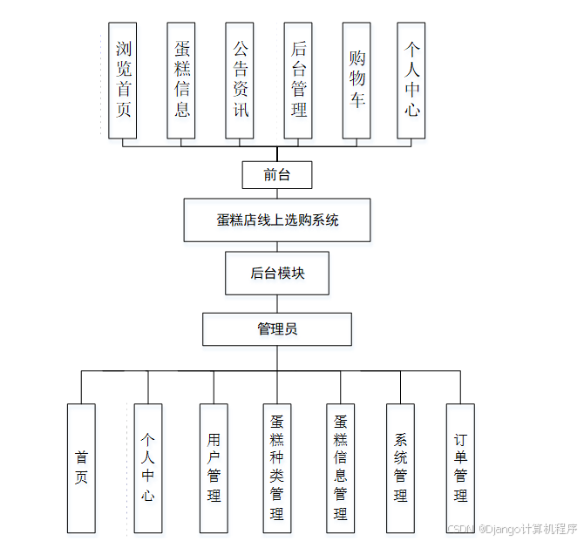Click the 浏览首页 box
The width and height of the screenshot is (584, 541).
[x=124, y=79]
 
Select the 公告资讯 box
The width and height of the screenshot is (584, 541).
[x=240, y=79]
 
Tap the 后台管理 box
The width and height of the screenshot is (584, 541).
[x=298, y=79]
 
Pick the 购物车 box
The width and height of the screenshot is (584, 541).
[x=357, y=79]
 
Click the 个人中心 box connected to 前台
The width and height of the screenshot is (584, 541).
[x=411, y=79]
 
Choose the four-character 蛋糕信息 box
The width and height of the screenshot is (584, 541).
[x=181, y=79]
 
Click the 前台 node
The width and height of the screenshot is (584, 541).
[x=276, y=174]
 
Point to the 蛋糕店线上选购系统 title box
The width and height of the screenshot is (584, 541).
[x=277, y=220]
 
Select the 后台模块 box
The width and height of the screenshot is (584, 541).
[x=277, y=273]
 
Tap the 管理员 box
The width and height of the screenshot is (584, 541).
[x=277, y=329]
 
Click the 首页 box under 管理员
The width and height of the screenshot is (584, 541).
[x=81, y=468]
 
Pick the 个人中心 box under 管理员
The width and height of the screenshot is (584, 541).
[x=148, y=468]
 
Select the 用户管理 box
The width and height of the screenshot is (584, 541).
[x=214, y=468]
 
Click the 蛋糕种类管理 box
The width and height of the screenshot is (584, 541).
[x=277, y=468]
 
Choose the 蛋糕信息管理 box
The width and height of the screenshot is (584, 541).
[x=341, y=468]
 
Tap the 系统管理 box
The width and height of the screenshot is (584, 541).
[x=400, y=468]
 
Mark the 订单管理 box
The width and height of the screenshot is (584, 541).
[x=460, y=468]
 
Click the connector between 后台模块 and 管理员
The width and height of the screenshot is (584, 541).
[x=277, y=303]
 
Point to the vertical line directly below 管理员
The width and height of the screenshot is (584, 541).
[x=277, y=358]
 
